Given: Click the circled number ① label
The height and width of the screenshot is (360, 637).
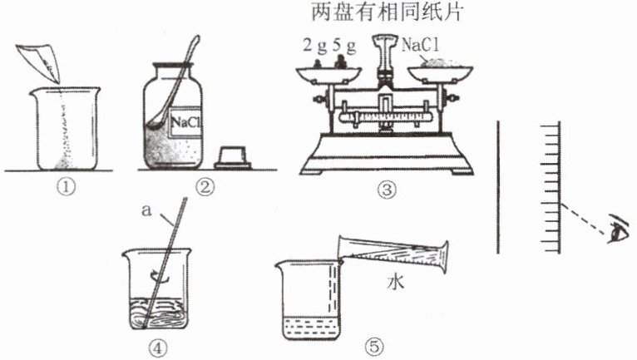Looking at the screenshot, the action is coord(67,187).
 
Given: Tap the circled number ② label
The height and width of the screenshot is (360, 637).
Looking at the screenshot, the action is coord(205,187).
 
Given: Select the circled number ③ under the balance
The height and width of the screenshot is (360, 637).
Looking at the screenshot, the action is coord(387,190).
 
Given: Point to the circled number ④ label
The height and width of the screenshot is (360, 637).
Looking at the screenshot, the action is coord(158,348).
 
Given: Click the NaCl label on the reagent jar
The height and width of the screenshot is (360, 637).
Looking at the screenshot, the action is coord(186,122).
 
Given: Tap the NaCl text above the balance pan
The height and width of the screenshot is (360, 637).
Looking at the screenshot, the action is coord(421,45).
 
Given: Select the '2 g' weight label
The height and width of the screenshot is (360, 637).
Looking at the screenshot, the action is coord(315,46).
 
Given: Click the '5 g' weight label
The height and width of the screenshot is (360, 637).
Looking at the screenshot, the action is coord(344,46).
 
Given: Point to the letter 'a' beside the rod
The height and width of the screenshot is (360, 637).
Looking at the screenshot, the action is coord(146,211).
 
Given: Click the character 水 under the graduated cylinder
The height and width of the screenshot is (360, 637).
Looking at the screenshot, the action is coord(395,281).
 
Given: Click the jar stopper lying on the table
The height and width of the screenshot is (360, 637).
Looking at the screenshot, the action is coord(233,158).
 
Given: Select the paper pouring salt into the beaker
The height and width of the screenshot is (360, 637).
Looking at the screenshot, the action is coord(40,62).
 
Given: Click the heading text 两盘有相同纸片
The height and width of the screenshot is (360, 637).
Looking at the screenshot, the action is coord(388,12).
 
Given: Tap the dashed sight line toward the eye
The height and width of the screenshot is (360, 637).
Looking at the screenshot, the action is coord(585,219).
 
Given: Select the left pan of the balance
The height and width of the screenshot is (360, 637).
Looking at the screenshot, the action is coord(328,75).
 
